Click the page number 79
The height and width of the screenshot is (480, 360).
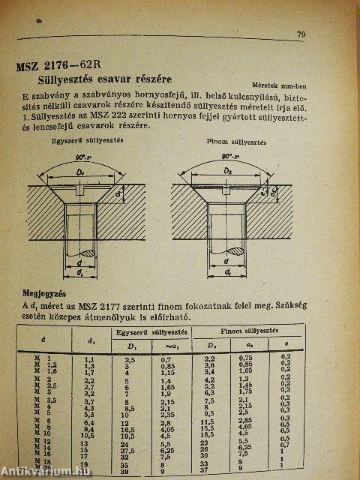(x=301, y=34)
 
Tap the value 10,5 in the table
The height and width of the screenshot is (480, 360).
(x=85, y=436)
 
